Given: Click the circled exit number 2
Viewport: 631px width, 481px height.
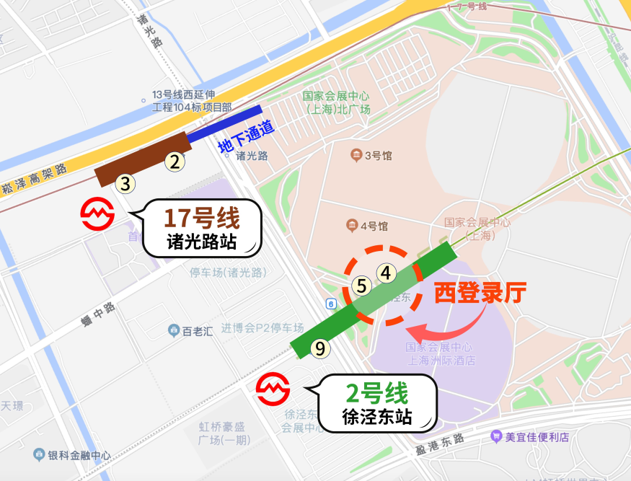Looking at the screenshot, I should pos(174,162).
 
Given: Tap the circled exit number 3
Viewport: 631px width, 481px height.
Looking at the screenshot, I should pos(125,184).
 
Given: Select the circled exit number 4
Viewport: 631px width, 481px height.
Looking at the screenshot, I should pos(387,273).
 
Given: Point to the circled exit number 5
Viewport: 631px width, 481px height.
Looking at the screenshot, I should pos(362,286).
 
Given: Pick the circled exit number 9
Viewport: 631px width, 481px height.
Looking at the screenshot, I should pos(319,349).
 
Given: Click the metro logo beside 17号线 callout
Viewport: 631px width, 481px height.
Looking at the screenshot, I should pos(97,214).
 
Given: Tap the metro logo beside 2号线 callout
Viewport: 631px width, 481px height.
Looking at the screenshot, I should pos(273,389).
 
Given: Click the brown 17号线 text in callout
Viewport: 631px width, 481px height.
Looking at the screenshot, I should pos(202,217).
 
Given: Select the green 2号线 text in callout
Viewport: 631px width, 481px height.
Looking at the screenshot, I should pos(377,394).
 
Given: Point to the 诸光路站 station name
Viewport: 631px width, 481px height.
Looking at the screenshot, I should pos(202,242).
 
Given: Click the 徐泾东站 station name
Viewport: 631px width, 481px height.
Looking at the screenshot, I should pos(377,417).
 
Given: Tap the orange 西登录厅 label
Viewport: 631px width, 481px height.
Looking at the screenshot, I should pos(480,293).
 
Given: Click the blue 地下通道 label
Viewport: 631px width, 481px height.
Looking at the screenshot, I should pos(247,136).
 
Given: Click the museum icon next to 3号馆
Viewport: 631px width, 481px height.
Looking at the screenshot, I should pos(356,155).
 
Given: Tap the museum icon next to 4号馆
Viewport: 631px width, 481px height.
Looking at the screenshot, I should pos(351,226).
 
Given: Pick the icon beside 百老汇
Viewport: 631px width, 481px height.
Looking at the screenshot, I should pos(174,331).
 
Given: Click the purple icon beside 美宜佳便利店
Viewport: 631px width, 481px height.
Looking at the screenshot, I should pos(495,436).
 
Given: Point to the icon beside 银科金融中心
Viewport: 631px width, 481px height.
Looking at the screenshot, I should pos(39,455).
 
